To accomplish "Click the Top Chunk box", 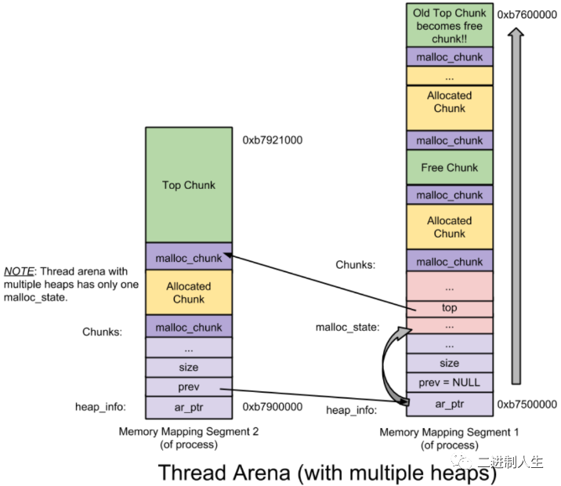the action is tap(189, 185).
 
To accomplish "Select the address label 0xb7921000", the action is tap(272, 140).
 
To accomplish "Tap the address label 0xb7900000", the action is tap(272, 407).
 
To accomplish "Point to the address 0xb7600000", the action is tap(527, 15).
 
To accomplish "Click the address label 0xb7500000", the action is tap(527, 404).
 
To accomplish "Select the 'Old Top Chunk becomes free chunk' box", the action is tap(450, 25).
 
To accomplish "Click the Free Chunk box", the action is tap(450, 167).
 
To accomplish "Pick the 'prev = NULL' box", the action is tap(450, 383).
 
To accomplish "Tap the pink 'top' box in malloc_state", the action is tap(450, 308).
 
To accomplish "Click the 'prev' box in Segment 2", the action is tap(189, 387).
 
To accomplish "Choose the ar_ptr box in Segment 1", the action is tap(450, 404).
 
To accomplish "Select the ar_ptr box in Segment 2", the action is tap(189, 408).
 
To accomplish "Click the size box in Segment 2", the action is tap(189, 367).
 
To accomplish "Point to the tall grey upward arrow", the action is tap(516, 206).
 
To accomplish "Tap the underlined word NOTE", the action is tap(19, 271).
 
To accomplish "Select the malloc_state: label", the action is tap(347, 327).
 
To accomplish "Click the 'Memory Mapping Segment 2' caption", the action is tap(189, 431).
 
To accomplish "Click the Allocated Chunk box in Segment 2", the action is tap(189, 292).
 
